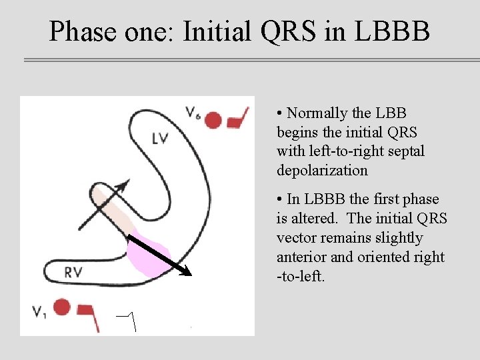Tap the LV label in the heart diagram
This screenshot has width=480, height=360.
point(161,139)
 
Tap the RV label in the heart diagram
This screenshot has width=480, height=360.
point(74,271)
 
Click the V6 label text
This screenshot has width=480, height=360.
point(193,113)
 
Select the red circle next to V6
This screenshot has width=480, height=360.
point(213,120)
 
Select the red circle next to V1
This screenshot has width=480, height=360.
point(62,307)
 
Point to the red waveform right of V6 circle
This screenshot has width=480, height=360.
point(238,118)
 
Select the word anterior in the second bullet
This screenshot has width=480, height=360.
point(301,257)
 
